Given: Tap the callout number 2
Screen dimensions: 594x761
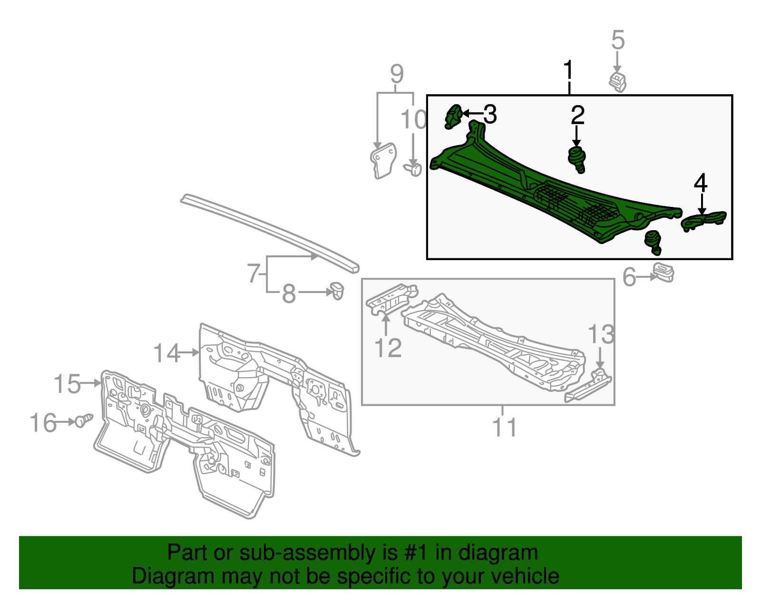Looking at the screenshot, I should [577, 115].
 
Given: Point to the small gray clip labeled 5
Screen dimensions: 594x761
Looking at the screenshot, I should [617, 81].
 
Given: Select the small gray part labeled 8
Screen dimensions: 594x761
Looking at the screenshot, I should [337, 290].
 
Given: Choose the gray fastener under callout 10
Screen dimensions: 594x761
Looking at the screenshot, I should [414, 169].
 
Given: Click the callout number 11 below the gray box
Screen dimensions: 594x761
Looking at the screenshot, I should [504, 427].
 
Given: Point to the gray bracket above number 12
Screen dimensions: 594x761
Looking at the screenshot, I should [390, 297].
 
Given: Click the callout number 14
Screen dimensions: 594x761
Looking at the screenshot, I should [166, 353].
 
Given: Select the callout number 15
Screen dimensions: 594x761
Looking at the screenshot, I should [67, 384].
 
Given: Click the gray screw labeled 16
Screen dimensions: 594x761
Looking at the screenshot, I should [83, 420].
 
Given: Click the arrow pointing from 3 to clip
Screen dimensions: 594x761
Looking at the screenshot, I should [472, 113].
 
